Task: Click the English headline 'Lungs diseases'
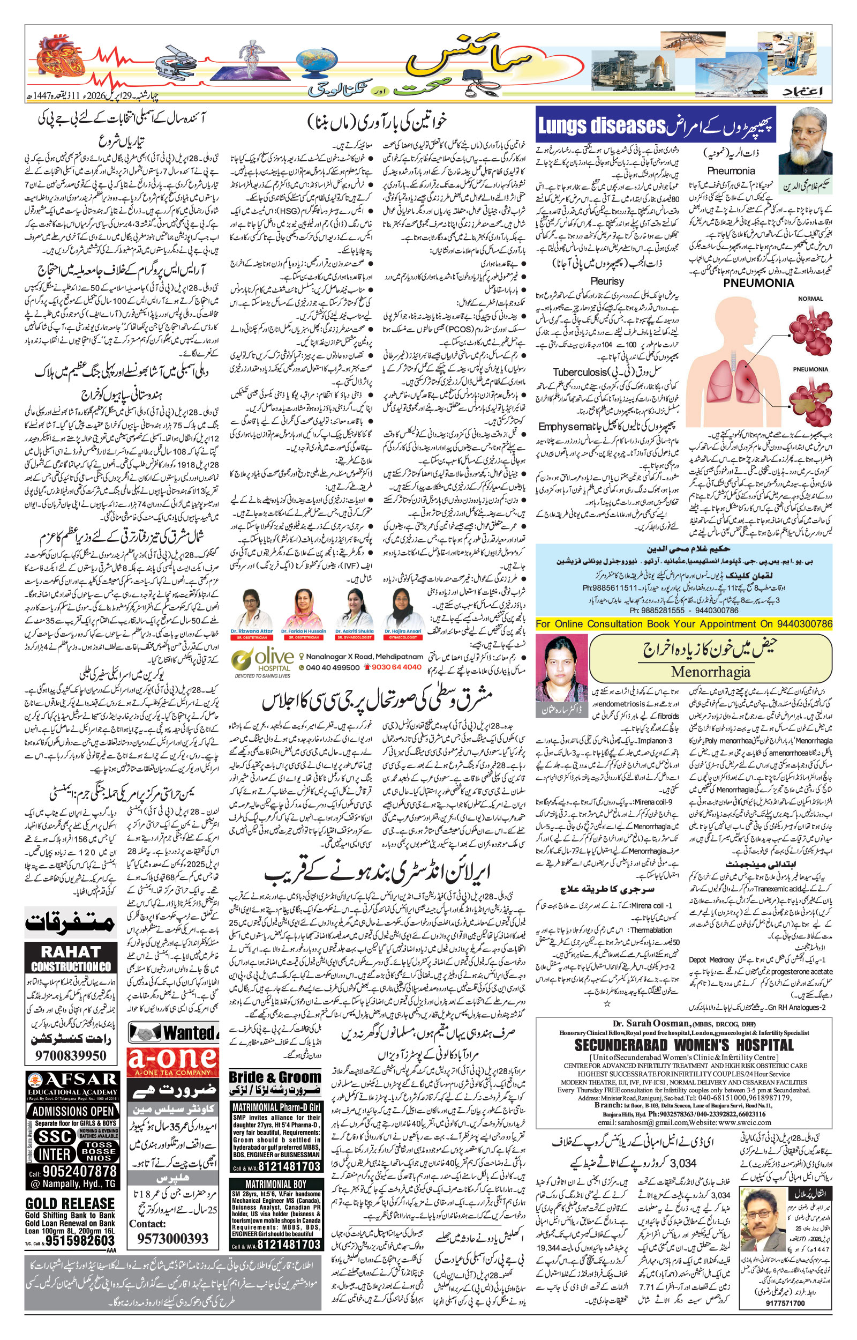pyautogui.click(x=602, y=126)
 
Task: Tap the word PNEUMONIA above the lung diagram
pyautogui.click(x=758, y=282)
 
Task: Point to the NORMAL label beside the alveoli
pyautogui.click(x=810, y=299)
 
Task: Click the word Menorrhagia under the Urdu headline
pyautogui.click(x=711, y=672)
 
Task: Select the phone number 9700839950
pyautogui.click(x=71, y=1055)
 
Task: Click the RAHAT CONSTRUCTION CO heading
pyautogui.click(x=71, y=959)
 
